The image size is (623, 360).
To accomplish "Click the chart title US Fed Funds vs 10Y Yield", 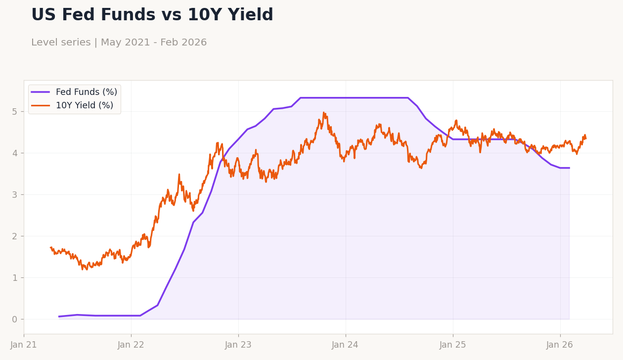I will click(x=152, y=15).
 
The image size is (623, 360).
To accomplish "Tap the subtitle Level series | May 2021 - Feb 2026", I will click(x=119, y=43).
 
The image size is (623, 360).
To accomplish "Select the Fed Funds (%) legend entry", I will click(x=86, y=92).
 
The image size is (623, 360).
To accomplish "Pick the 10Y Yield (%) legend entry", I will click(x=84, y=106).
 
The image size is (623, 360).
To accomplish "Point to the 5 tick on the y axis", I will click(x=15, y=112).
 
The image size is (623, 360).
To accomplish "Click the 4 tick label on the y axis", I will click(x=15, y=153).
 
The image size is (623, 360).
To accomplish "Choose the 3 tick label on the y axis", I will click(x=15, y=195).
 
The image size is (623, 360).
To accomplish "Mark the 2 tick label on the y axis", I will click(x=15, y=236).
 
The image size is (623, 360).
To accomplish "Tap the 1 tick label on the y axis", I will click(x=15, y=278).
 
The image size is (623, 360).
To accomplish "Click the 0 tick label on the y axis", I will click(x=15, y=319).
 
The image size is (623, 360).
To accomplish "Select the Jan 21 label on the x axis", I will click(x=24, y=345).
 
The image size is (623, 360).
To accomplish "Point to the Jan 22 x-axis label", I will click(x=131, y=345).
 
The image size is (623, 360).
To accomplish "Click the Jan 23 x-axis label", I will click(x=238, y=345).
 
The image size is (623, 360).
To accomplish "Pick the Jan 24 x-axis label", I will click(x=346, y=345).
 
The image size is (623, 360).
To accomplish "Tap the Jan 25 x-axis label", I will click(x=453, y=345).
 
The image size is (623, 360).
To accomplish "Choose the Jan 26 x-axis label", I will click(x=560, y=345).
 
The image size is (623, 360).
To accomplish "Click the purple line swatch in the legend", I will click(x=41, y=92).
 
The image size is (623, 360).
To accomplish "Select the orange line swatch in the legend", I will click(x=41, y=106).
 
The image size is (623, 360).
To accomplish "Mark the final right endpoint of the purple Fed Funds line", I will click(x=569, y=168).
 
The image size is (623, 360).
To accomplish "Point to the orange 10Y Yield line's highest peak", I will click(x=324, y=113).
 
